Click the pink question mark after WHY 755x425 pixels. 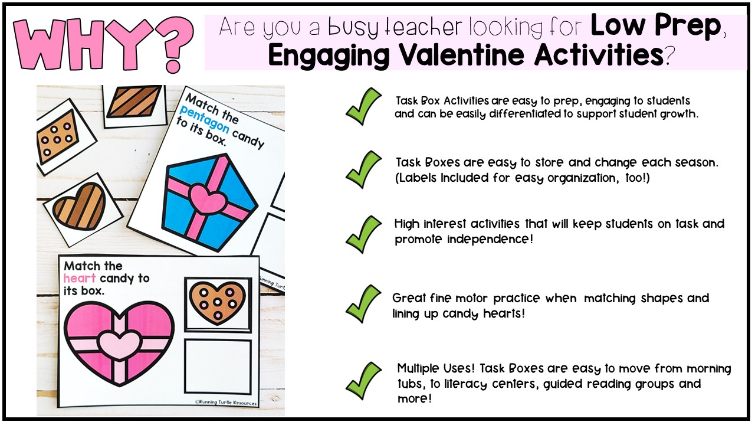tap(171, 44)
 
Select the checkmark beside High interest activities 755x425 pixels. tap(363, 233)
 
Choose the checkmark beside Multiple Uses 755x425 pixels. tap(363, 380)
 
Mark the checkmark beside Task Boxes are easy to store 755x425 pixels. tap(363, 169)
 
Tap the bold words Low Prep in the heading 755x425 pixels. tap(656, 27)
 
